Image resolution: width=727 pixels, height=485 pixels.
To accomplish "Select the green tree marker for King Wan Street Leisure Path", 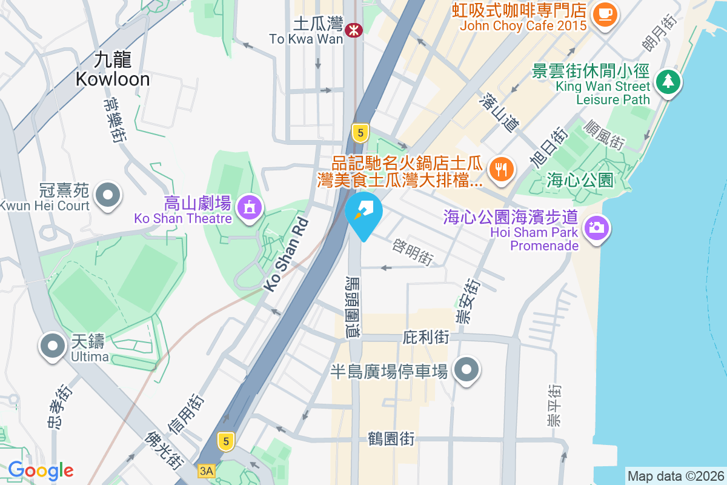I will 668,81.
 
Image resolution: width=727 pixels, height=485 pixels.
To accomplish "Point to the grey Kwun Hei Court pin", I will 109,195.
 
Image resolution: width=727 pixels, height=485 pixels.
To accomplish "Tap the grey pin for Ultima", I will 53,346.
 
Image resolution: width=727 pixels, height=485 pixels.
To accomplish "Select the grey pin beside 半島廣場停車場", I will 466,369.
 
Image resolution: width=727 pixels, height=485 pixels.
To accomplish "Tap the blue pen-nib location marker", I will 363,212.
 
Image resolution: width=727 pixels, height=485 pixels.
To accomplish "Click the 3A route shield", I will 206,470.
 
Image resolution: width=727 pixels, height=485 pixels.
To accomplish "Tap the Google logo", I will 41,470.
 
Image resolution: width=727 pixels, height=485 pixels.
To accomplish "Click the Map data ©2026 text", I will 676,476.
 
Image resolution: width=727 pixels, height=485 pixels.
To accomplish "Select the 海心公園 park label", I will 580,180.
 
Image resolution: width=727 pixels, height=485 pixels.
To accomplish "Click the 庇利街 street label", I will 426,337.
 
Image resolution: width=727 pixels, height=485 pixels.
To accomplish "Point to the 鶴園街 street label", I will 391,438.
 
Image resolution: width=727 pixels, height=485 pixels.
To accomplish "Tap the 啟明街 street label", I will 413,251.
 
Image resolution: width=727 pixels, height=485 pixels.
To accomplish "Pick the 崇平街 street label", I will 554,405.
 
